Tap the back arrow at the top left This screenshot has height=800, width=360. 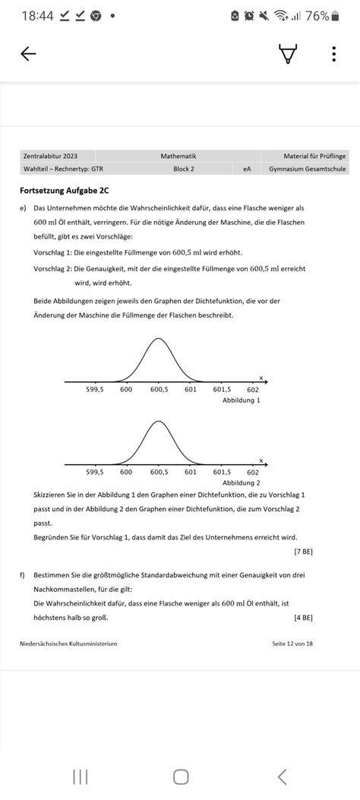pos(28,54)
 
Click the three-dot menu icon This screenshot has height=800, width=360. pos(333,54)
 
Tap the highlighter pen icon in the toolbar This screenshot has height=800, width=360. pos(288,54)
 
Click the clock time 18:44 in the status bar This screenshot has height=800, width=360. pos(37,16)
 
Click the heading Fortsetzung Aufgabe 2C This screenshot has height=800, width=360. pos(58,191)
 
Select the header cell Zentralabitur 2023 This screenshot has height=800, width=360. pos(50,156)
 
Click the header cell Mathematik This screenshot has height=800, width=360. pos(178,156)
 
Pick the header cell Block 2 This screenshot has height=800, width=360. pos(183,169)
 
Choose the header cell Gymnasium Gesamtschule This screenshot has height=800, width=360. pos(307,169)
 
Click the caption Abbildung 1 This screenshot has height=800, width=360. pos(241,400)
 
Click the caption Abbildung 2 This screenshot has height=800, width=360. pos(241,482)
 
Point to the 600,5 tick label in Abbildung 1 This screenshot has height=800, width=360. pos(158,390)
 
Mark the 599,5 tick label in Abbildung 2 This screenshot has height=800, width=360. pos(94,472)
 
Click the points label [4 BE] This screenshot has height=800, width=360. pos(303,617)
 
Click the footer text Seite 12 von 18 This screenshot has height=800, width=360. pos(292,643)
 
